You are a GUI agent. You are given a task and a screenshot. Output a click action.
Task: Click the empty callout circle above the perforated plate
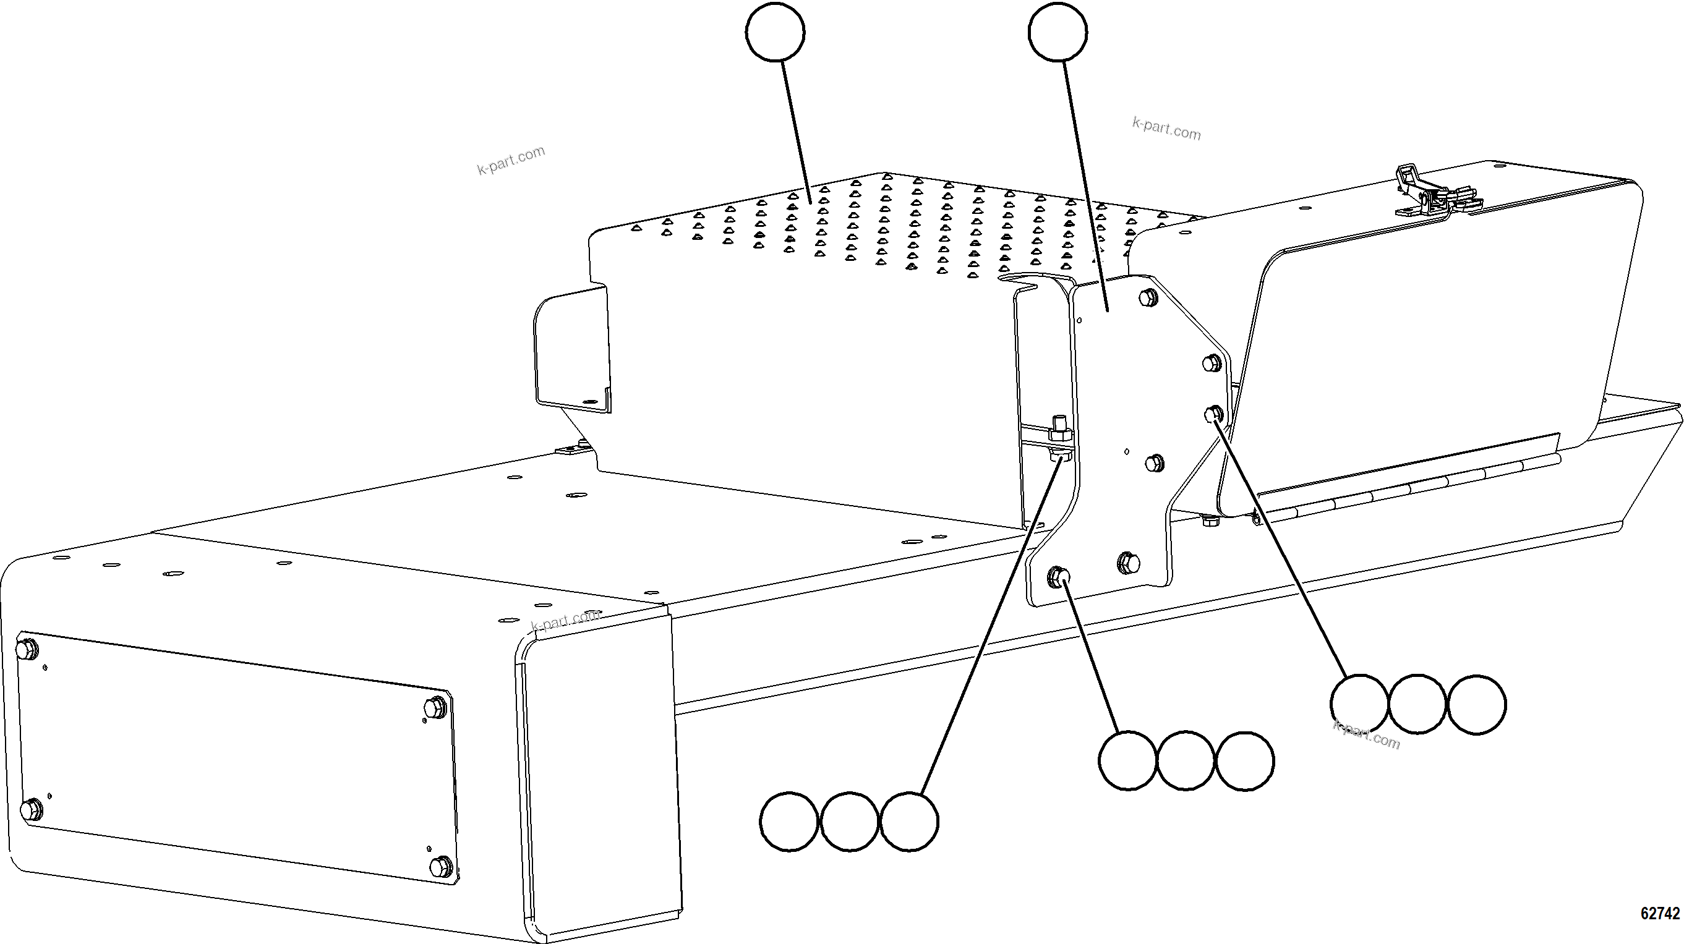point(775,32)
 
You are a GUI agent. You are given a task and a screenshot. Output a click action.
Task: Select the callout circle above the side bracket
point(1057,32)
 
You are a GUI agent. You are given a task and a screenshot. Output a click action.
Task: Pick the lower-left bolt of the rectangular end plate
point(31,810)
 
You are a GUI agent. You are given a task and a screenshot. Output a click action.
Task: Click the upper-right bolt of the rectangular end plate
point(436,707)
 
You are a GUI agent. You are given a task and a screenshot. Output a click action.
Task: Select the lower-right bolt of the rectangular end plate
point(442,867)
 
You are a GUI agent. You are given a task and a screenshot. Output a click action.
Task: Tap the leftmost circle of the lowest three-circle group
point(789,822)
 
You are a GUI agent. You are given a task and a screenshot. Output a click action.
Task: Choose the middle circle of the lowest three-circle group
point(849,822)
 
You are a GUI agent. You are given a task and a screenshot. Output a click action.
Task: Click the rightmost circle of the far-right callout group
point(1477,705)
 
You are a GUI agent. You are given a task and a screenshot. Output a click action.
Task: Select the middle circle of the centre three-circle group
point(1186,761)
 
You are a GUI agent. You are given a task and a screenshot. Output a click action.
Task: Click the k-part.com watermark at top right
point(1167,129)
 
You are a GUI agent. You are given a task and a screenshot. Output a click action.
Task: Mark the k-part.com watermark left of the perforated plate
point(511,160)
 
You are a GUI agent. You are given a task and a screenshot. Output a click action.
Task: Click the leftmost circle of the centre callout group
point(1127,761)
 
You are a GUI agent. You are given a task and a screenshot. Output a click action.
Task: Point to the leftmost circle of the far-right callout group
point(1359,705)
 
